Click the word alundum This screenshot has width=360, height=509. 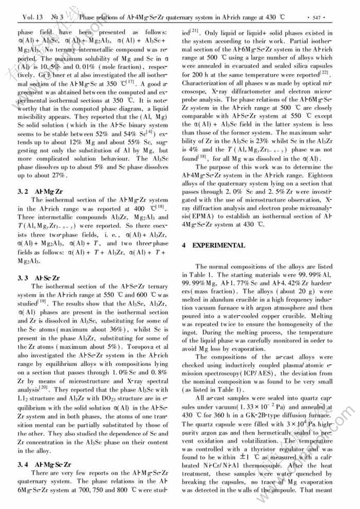(x=225, y=291)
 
